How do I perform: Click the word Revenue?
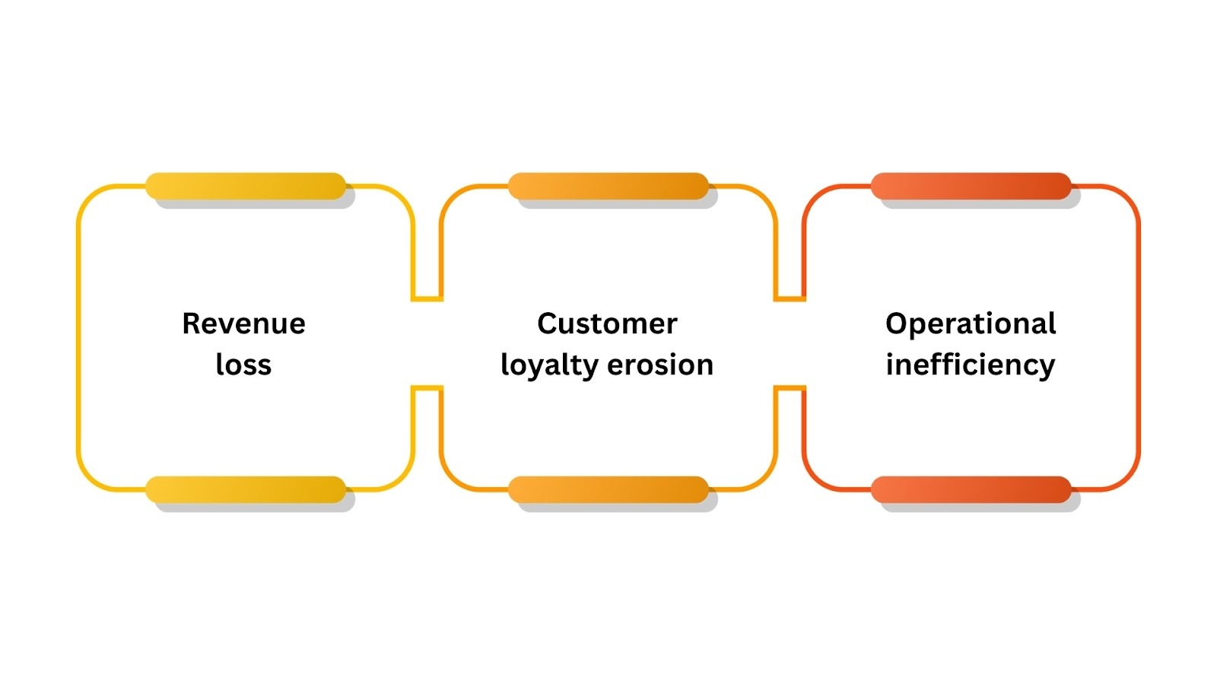tap(243, 324)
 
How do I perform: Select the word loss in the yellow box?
tap(243, 365)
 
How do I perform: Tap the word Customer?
tap(607, 324)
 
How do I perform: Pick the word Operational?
tap(971, 324)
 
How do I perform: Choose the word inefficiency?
tap(971, 366)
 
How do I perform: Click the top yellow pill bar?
tap(246, 186)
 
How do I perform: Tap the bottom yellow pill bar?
tap(246, 489)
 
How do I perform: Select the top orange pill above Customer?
tap(608, 186)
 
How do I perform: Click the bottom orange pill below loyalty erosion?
tap(608, 489)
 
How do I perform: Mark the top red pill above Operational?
tap(971, 186)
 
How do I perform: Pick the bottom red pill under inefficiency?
tap(971, 489)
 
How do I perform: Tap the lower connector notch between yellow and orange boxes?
tap(427, 388)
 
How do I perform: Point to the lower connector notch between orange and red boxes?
tap(790, 388)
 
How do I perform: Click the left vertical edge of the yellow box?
tap(78, 339)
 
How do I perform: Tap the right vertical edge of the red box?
tap(1139, 339)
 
